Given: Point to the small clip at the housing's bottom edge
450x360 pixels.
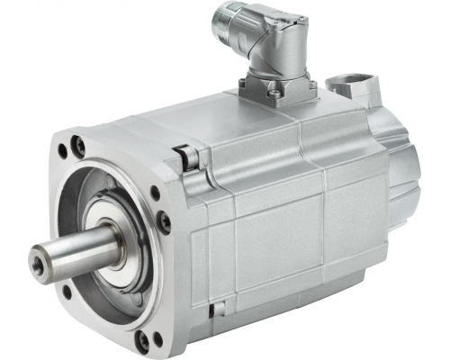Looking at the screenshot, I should point(215,310).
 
